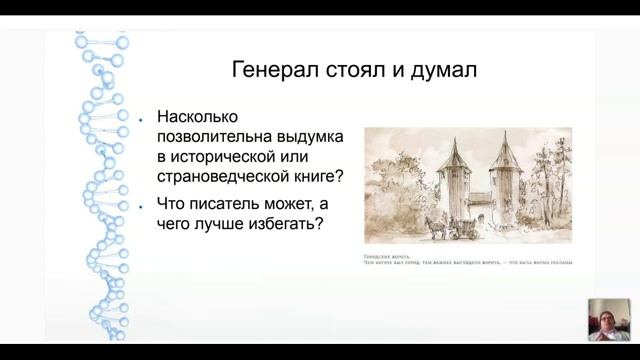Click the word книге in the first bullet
click(x=314, y=178)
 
